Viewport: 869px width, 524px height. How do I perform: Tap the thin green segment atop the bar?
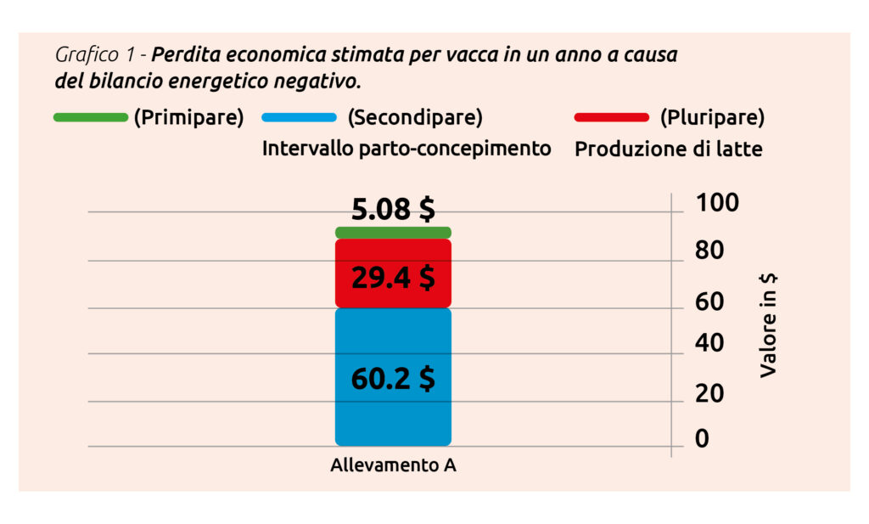pyautogui.click(x=393, y=232)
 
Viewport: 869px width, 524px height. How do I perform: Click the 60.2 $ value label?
pyautogui.click(x=393, y=378)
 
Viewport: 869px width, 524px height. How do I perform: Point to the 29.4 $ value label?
pyautogui.click(x=393, y=278)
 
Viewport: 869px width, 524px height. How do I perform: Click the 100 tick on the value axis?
pyautogui.click(x=717, y=203)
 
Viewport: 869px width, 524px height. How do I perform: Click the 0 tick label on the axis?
pyautogui.click(x=702, y=439)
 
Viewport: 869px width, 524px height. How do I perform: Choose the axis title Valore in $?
pyautogui.click(x=769, y=325)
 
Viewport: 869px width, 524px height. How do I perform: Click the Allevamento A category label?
pyautogui.click(x=393, y=466)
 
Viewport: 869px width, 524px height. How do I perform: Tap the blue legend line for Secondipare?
pyautogui.click(x=300, y=117)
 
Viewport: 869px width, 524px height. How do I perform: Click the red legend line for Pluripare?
pyautogui.click(x=611, y=117)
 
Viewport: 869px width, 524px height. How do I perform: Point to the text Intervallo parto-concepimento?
pyautogui.click(x=406, y=149)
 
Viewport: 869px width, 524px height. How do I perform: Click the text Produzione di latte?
pyautogui.click(x=669, y=149)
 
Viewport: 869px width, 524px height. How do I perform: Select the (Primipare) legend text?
pyautogui.click(x=188, y=117)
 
